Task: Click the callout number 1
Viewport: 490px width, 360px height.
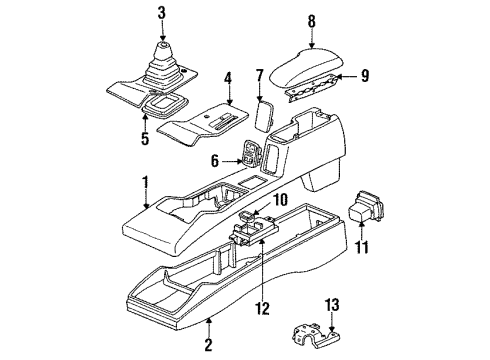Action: pos(147,182)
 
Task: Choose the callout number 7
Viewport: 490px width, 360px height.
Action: pos(260,74)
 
